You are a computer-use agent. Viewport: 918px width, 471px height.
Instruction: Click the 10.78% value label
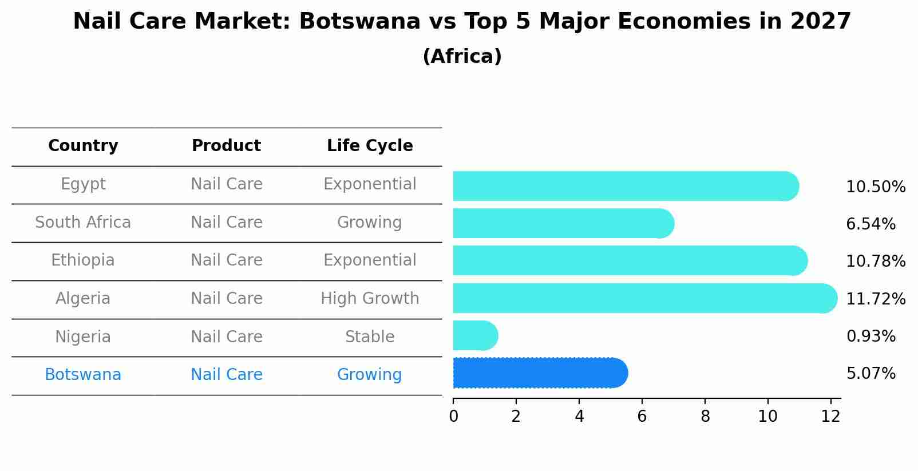click(x=875, y=262)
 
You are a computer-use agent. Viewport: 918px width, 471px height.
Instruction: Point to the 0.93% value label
click(x=870, y=337)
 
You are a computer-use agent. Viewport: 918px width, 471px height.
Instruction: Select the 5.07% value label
click(x=870, y=374)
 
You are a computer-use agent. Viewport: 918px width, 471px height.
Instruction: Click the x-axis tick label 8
click(x=705, y=417)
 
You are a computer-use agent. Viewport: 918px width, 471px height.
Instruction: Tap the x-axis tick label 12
click(x=830, y=417)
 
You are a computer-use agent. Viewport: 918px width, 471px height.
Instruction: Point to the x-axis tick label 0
click(x=453, y=417)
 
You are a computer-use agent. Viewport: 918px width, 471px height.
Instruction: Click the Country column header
click(x=83, y=146)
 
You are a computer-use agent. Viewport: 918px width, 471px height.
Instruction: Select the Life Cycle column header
click(x=370, y=146)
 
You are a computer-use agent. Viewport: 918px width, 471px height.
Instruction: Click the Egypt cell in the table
click(x=83, y=184)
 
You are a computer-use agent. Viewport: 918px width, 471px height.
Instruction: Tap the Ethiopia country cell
click(x=83, y=260)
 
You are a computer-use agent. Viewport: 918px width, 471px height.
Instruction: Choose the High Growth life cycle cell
click(x=370, y=299)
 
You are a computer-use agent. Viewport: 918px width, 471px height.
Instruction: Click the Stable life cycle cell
click(x=370, y=337)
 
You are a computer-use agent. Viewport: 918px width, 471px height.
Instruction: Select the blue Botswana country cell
click(x=83, y=375)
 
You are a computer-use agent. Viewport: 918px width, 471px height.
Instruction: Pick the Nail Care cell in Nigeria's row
click(x=227, y=337)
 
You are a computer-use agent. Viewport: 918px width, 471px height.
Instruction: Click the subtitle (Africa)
click(x=462, y=57)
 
